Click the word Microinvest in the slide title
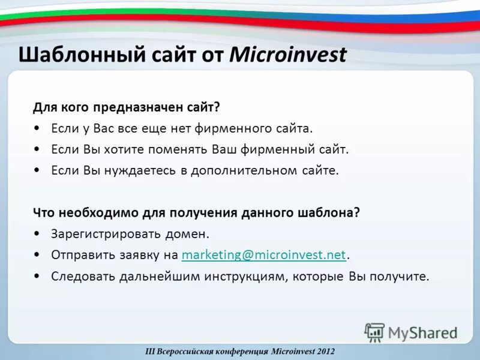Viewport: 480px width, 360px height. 288,55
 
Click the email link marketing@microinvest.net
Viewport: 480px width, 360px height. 263,255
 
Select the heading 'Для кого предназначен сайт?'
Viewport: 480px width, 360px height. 127,107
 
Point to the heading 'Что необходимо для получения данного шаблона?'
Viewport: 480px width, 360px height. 196,213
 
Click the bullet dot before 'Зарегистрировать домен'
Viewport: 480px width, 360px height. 38,234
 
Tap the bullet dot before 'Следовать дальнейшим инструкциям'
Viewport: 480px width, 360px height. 38,277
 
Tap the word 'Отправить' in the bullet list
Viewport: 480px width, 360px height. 80,255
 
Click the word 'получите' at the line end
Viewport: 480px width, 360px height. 403,277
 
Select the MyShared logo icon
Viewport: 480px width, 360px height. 374,332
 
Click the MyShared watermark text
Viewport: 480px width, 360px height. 422,332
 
